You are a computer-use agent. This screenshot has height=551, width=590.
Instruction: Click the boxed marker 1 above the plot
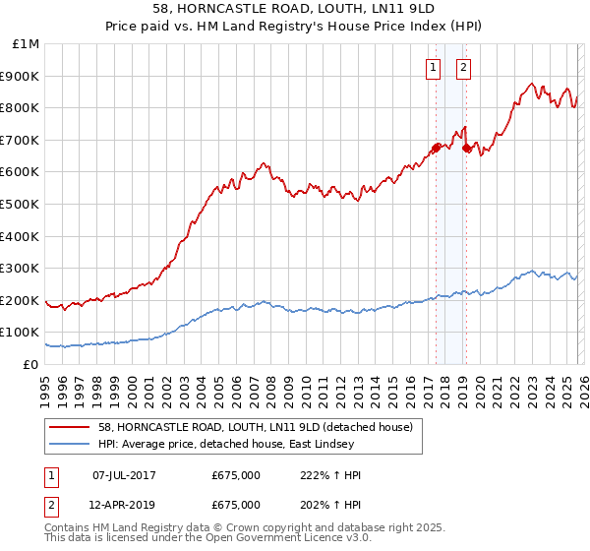click(433, 68)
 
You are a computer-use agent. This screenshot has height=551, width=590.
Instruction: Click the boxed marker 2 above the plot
click(463, 68)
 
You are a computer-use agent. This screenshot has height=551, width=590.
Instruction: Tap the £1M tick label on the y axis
click(27, 44)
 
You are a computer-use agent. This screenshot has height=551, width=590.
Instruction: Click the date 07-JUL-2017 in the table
click(124, 475)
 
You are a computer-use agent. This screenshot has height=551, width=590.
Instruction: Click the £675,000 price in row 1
click(236, 475)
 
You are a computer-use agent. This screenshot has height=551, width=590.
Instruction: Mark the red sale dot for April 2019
click(466, 148)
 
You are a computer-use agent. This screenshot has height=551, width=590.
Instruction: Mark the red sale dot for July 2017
click(436, 148)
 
